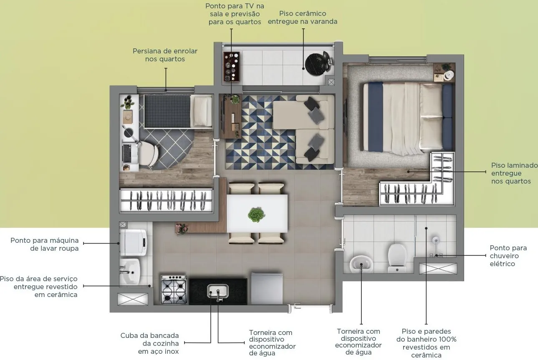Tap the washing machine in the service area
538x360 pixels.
click(133, 242)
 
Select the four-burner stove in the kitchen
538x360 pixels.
click(174, 290)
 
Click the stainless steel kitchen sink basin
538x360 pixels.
click(217, 291)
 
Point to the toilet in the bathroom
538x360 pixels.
click(397, 258)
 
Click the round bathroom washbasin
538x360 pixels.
click(361, 264)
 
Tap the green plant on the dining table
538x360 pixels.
click(257, 214)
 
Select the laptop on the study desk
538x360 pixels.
click(127, 154)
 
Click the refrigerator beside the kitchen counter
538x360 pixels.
click(267, 289)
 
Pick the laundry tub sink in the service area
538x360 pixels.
click(130, 272)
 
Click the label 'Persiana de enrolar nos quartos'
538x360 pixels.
click(165, 55)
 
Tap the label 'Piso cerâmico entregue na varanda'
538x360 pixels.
click(302, 17)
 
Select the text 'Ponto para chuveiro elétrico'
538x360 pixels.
click(508, 256)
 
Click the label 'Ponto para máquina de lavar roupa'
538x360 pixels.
click(44, 244)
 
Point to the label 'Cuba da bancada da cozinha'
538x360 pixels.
click(150, 340)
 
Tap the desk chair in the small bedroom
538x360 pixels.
click(149, 153)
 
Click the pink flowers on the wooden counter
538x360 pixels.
click(182, 228)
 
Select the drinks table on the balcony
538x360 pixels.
click(232, 67)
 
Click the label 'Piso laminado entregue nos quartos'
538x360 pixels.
click(514, 173)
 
